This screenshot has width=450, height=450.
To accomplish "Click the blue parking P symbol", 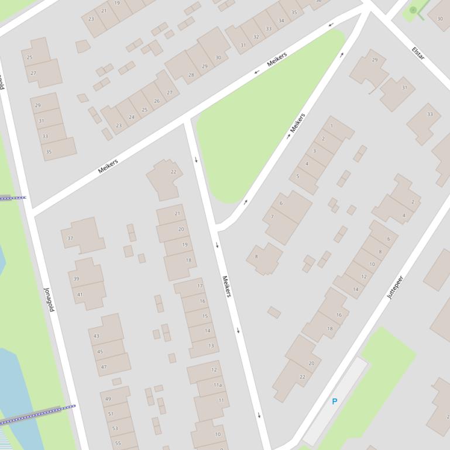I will pyautogui.click(x=335, y=401).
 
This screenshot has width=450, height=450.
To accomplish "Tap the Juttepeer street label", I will pyautogui.click(x=396, y=288).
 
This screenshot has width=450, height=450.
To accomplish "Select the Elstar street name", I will pyautogui.click(x=418, y=53).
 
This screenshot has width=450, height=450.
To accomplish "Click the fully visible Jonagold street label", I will pyautogui.click(x=49, y=299).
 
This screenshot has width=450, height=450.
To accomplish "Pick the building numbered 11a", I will pyautogui.click(x=218, y=385).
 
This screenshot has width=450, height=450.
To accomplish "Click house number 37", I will pyautogui.click(x=70, y=238).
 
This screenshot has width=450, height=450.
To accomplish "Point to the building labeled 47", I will pyautogui.click(x=104, y=367).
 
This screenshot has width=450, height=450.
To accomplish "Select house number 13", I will pyautogui.click(x=211, y=345).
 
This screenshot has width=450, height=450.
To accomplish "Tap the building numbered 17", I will pyautogui.click(x=200, y=286).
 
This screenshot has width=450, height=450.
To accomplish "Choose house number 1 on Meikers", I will pyautogui.click(x=331, y=126).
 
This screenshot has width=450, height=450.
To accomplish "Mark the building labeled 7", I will pyautogui.click(x=272, y=217).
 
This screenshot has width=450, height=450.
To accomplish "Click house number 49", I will pyautogui.click(x=108, y=399).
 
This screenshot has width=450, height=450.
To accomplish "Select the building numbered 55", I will pyautogui.click(x=118, y=443).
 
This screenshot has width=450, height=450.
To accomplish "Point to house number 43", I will pyautogui.click(x=97, y=336).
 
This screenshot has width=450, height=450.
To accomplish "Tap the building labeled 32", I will pyautogui.click(x=256, y=37).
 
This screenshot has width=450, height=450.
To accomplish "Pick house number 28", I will pyautogui.click(x=191, y=75).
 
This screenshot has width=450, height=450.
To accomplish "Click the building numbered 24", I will pyautogui.click(x=132, y=117).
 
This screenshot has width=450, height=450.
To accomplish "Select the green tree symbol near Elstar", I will pyautogui.click(x=413, y=10).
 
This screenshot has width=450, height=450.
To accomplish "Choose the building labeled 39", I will pyautogui.click(x=76, y=279).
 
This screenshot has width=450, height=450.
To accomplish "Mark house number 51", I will pyautogui.click(x=111, y=414).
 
